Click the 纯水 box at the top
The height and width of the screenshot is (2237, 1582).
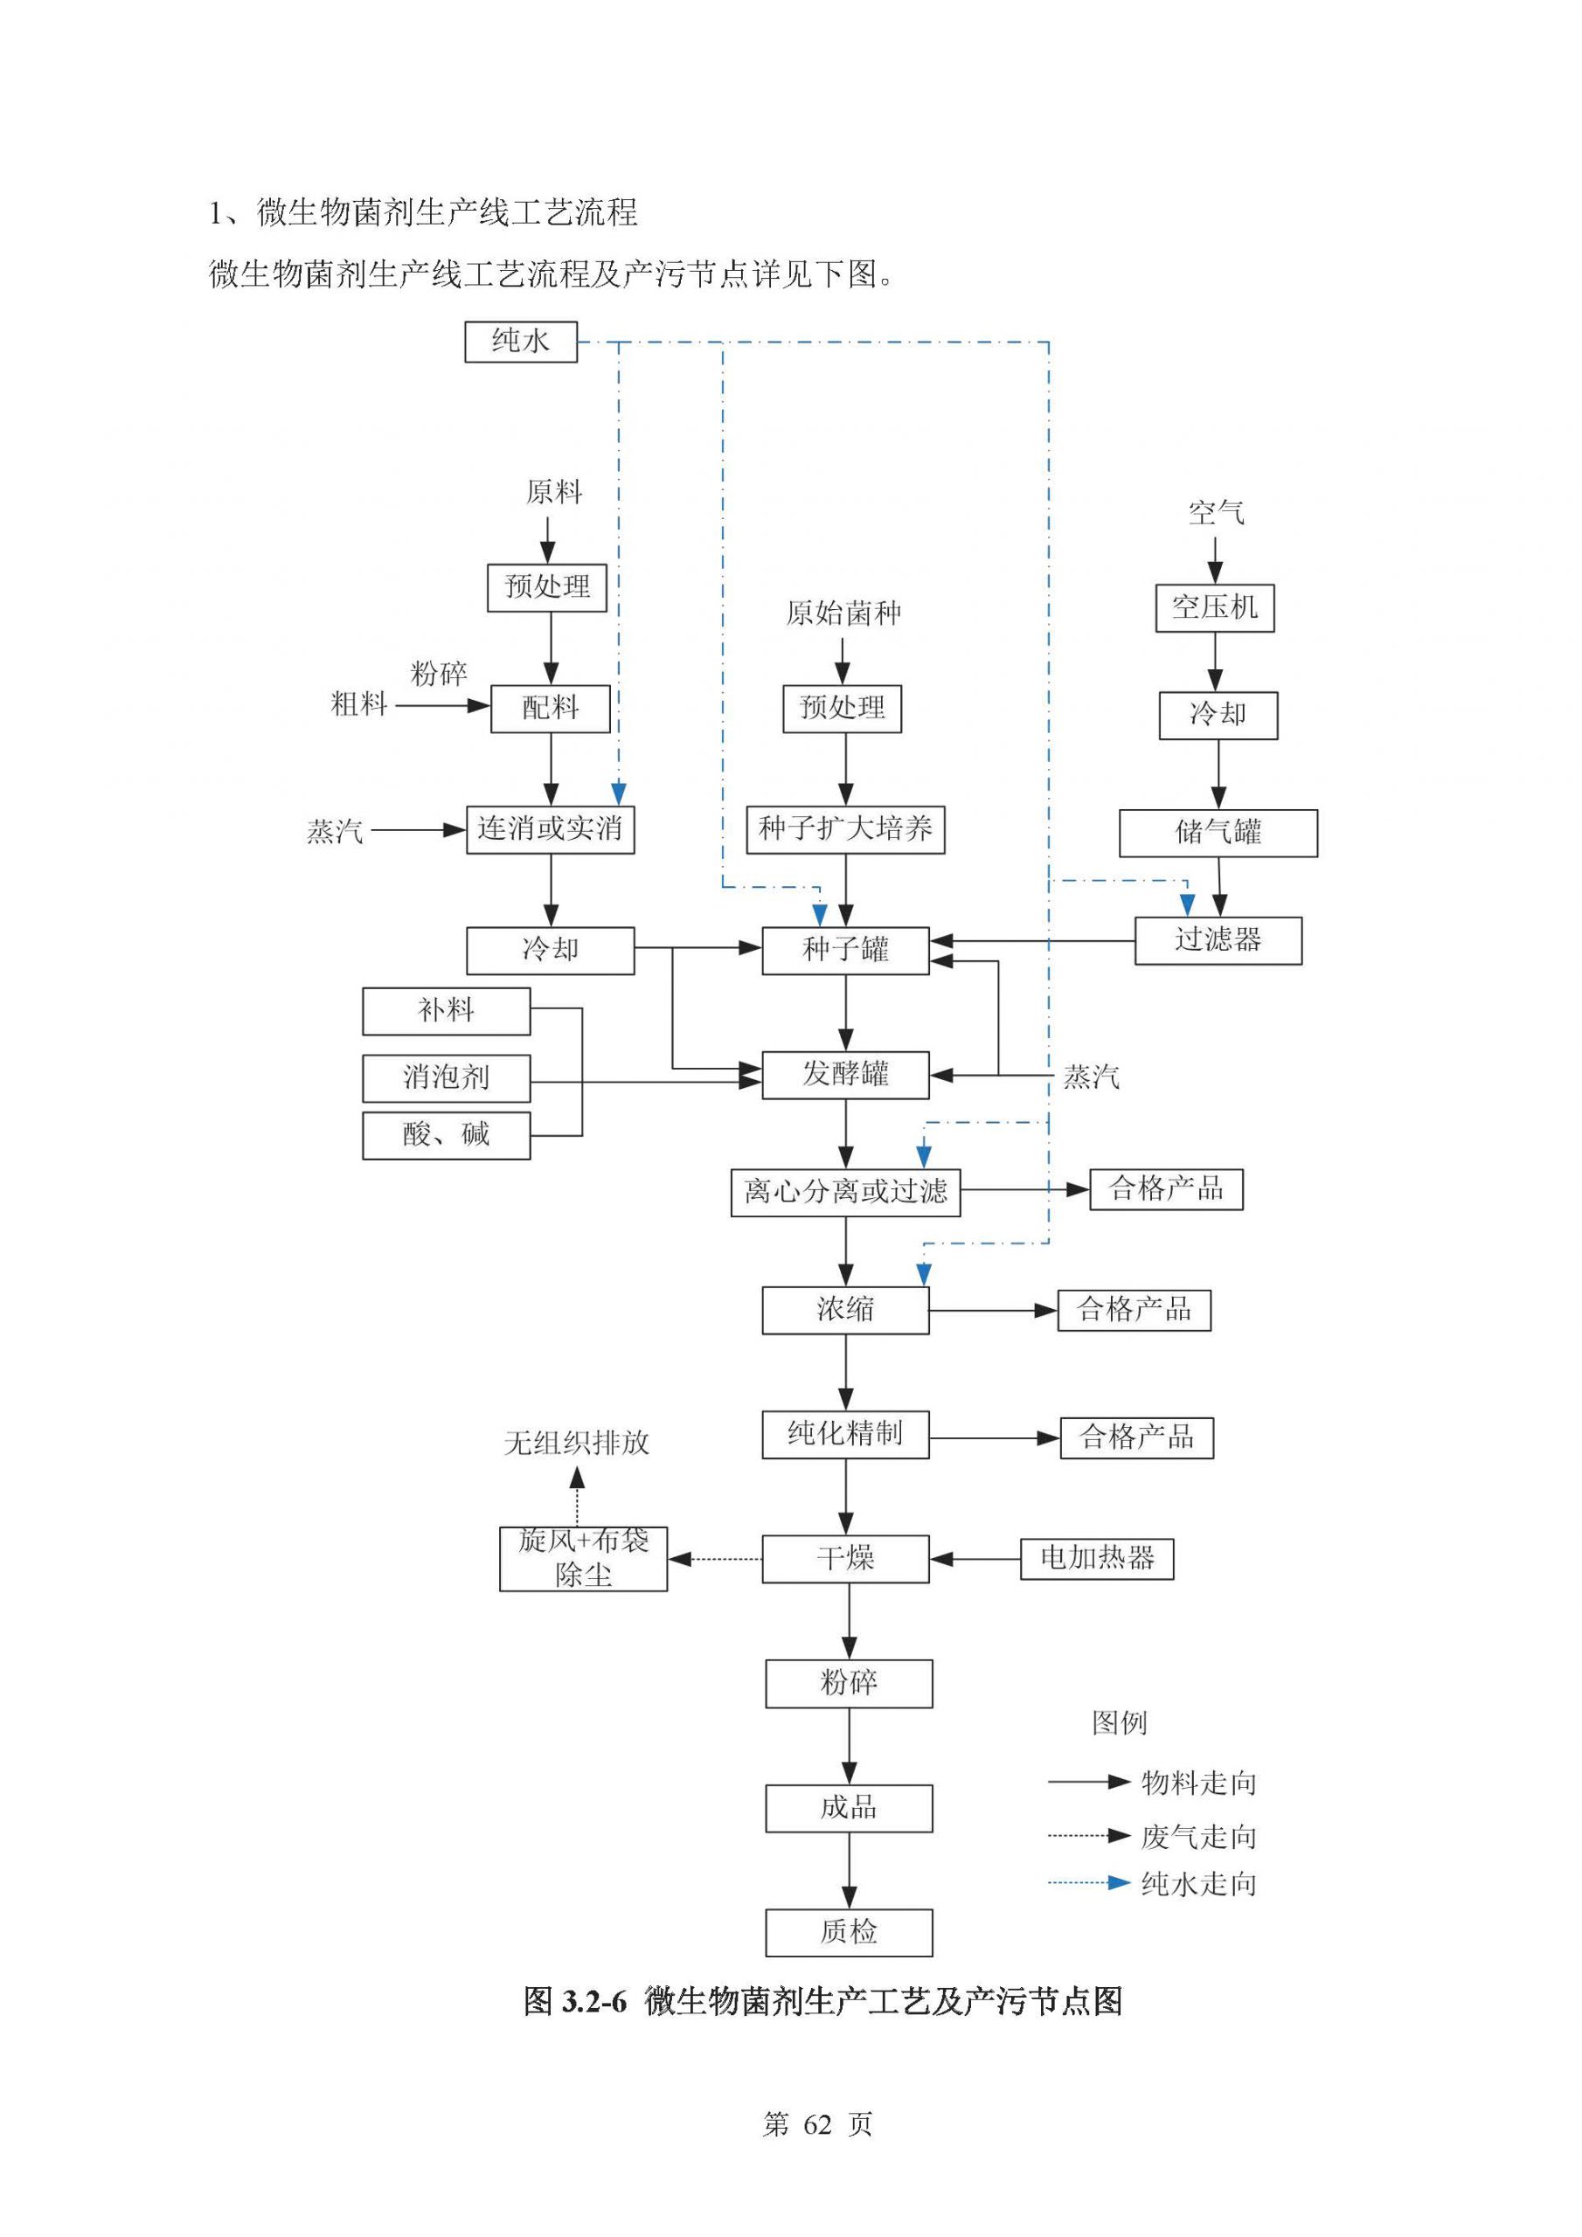coord(521,342)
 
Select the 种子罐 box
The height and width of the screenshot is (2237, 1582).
coord(845,950)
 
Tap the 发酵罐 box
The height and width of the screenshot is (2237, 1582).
coord(845,1075)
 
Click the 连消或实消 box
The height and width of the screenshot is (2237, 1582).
coord(550,829)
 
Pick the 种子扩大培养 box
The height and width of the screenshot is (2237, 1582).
coord(845,829)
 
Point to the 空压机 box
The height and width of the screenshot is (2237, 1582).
coord(1215,608)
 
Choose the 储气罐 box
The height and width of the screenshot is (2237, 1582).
coord(1218,833)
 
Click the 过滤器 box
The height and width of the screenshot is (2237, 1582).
coord(1218,940)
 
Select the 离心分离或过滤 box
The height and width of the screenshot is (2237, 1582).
coord(845,1193)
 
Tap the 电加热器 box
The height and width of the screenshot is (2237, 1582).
coord(1097,1558)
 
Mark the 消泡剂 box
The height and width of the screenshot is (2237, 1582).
coord(447,1077)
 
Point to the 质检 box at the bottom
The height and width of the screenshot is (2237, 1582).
coord(848,1932)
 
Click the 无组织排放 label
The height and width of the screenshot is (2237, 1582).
coord(576,1443)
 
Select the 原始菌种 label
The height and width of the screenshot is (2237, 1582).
coord(843,613)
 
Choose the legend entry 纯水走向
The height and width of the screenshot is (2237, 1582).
coord(1198,1884)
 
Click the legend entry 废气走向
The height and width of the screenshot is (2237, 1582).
coord(1198,1838)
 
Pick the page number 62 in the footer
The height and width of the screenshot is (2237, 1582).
coord(817,2125)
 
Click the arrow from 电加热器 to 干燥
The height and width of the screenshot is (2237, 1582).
coord(975,1559)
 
